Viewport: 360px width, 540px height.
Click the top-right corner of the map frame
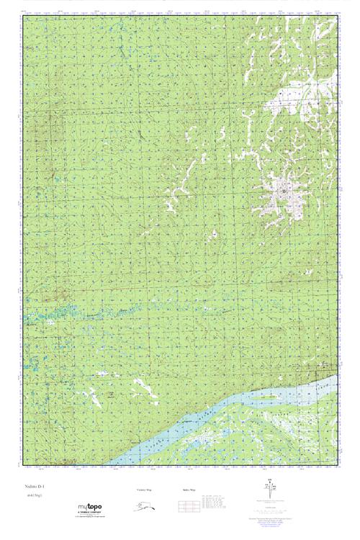click(x=337, y=13)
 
